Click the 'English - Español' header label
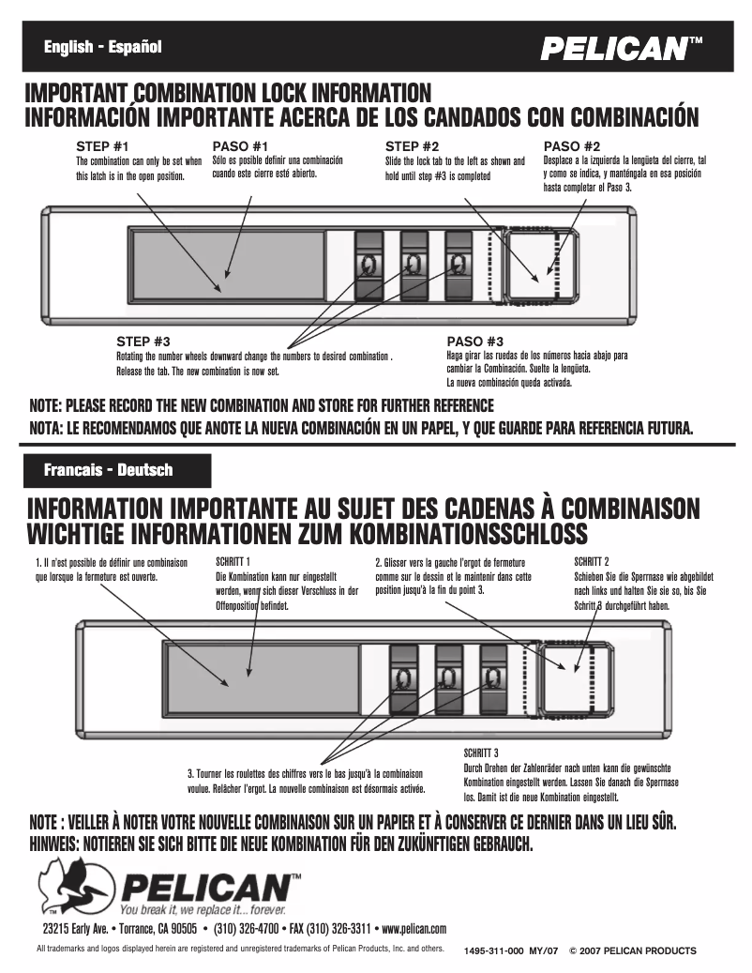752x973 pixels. pyautogui.click(x=103, y=47)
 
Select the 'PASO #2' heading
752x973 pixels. pyautogui.click(x=572, y=146)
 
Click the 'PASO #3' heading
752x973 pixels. pyautogui.click(x=475, y=341)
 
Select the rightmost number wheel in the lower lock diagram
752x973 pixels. pyautogui.click(x=494, y=678)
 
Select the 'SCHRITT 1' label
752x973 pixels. pyautogui.click(x=234, y=560)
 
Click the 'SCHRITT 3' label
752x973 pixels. pyautogui.click(x=482, y=753)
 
